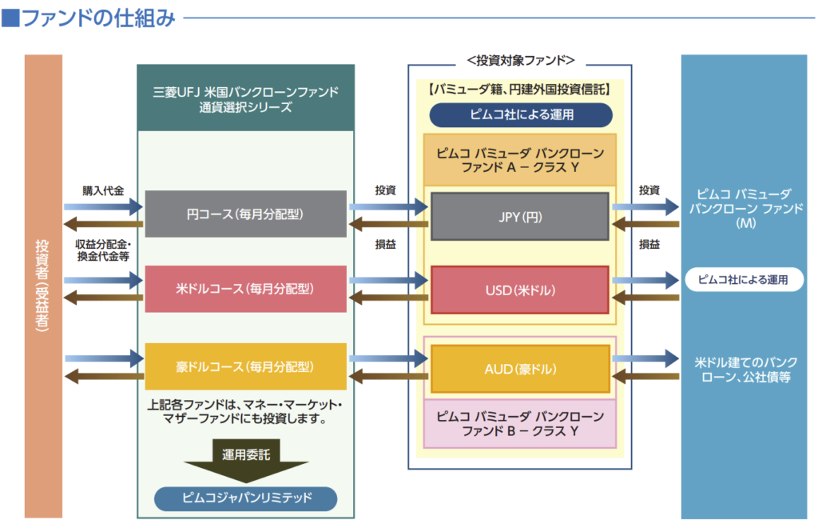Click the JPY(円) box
tap(519, 216)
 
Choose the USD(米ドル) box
tap(519, 289)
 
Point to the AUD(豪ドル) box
tap(519, 369)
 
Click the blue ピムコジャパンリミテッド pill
tap(245, 499)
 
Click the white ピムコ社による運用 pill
tap(743, 279)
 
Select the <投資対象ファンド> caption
tap(520, 61)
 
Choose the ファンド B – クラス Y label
tap(520, 424)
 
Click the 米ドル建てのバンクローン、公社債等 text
tap(743, 369)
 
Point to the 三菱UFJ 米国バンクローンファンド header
tap(245, 99)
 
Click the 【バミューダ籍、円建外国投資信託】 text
tap(520, 90)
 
